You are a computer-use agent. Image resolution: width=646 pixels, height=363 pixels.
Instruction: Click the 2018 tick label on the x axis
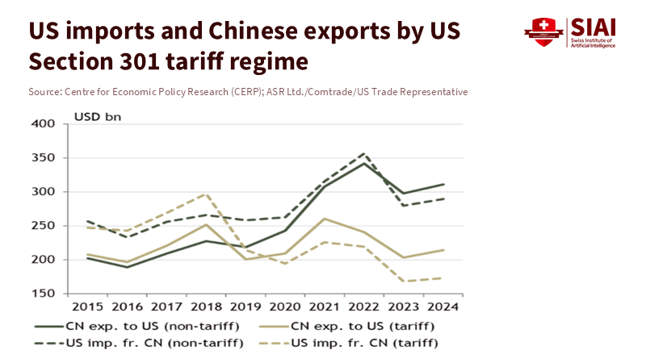coord(205,307)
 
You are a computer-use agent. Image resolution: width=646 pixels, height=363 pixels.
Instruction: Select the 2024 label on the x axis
coord(443,307)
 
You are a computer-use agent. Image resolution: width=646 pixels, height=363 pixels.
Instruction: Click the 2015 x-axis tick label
coord(86,307)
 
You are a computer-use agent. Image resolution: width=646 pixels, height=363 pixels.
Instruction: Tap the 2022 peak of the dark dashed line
coord(365,153)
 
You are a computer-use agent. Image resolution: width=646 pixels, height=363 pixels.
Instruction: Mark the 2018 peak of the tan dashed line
coord(206,194)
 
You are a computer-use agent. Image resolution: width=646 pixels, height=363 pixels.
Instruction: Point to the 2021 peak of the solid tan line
coord(325,219)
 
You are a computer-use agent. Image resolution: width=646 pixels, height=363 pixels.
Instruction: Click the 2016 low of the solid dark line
coord(126,267)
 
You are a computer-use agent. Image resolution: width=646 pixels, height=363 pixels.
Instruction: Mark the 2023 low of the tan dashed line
coord(404,282)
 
